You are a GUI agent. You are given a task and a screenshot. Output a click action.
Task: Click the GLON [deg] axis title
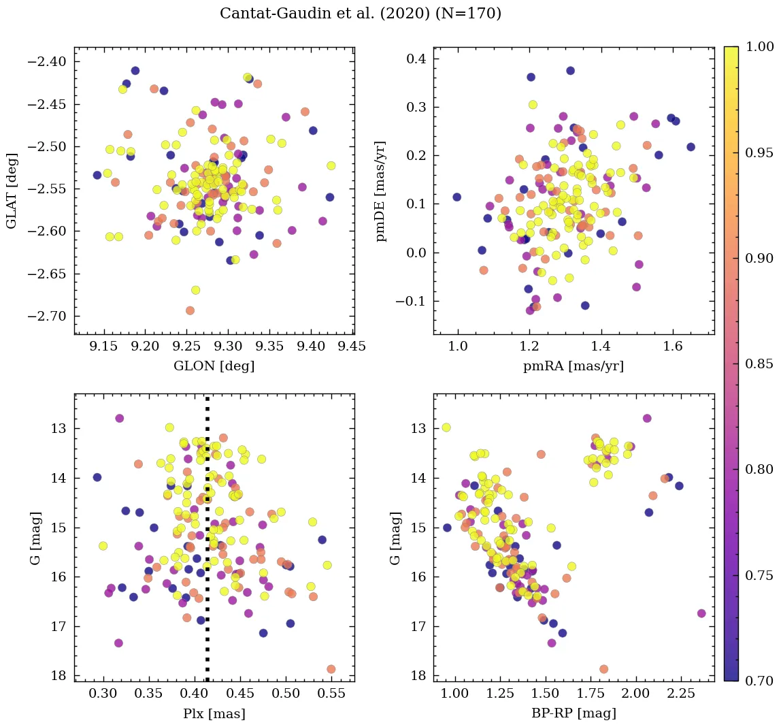(x=214, y=366)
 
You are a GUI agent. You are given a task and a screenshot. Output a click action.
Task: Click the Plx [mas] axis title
(x=214, y=714)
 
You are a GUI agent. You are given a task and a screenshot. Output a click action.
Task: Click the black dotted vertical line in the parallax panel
(x=207, y=545)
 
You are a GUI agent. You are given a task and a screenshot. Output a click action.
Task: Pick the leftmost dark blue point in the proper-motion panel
(x=456, y=197)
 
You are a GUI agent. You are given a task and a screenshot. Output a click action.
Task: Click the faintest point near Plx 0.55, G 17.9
(x=331, y=669)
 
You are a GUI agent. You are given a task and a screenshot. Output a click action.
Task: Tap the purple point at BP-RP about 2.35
(x=701, y=613)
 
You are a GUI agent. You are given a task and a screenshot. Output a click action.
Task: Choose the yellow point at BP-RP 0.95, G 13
(x=446, y=427)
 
